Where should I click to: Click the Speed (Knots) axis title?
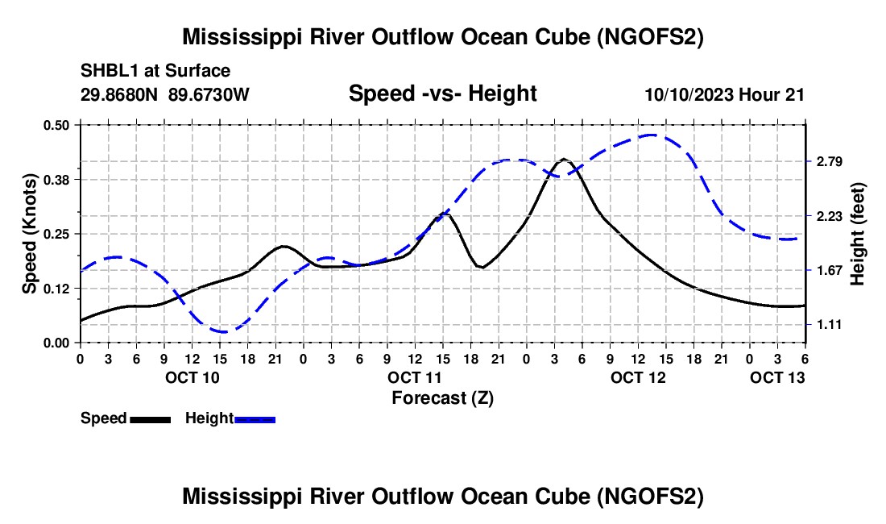point(30,234)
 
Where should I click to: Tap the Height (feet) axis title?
point(857,234)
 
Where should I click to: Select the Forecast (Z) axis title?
point(442,397)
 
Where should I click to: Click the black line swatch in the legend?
point(150,418)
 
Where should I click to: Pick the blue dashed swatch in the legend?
point(255,418)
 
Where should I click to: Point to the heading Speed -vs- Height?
point(442,94)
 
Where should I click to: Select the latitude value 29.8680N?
point(121,94)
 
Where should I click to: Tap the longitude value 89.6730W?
point(209,94)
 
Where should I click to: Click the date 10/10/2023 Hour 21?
point(724,94)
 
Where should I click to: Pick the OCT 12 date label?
point(638,376)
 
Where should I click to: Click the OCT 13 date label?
point(777,376)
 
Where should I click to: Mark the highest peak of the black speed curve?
point(564,159)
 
